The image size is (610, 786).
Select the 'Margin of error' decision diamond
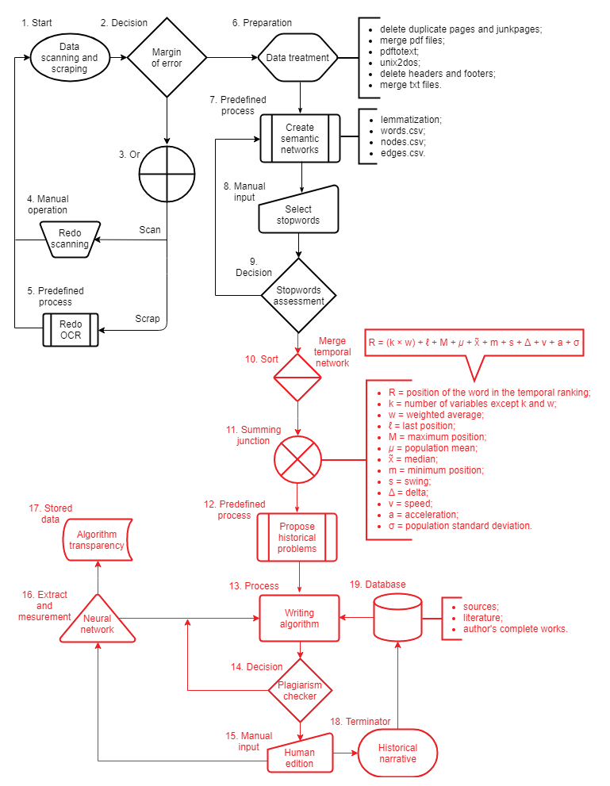click(167, 58)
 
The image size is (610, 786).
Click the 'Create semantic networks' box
click(300, 139)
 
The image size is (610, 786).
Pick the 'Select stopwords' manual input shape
click(298, 212)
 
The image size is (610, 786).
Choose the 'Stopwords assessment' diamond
click(299, 295)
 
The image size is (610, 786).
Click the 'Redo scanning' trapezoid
click(70, 239)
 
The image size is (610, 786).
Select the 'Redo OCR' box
click(71, 329)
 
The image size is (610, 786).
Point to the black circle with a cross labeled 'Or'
click(167, 174)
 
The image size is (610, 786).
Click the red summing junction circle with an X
click(297, 459)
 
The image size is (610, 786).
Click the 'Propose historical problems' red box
click(297, 537)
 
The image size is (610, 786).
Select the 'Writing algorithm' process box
click(300, 618)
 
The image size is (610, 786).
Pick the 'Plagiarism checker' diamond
click(300, 690)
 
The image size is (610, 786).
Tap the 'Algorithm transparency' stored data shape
click(98, 539)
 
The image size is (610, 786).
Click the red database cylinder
click(397, 617)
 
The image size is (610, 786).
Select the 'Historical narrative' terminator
click(397, 753)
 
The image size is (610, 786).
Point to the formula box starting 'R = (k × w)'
click(474, 343)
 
